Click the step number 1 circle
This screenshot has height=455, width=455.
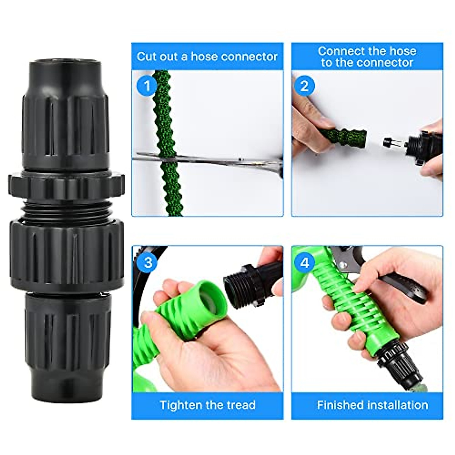(x=147, y=86)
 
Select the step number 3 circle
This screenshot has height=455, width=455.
(x=148, y=262)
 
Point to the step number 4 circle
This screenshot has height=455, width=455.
(x=305, y=262)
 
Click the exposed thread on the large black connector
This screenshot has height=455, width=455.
(x=67, y=209)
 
